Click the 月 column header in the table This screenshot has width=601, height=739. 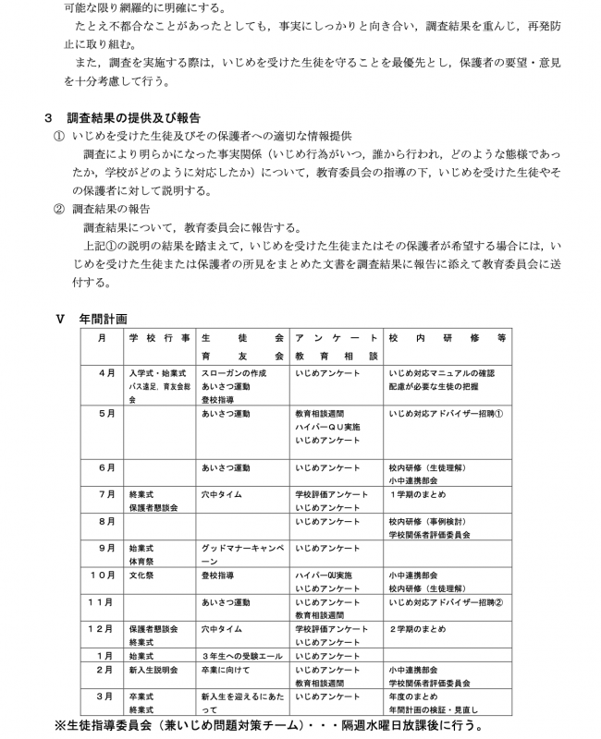102,338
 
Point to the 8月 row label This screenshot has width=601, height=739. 106,523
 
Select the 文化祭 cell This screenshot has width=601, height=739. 143,575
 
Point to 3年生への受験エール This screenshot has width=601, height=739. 245,656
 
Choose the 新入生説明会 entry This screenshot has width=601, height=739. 154,669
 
